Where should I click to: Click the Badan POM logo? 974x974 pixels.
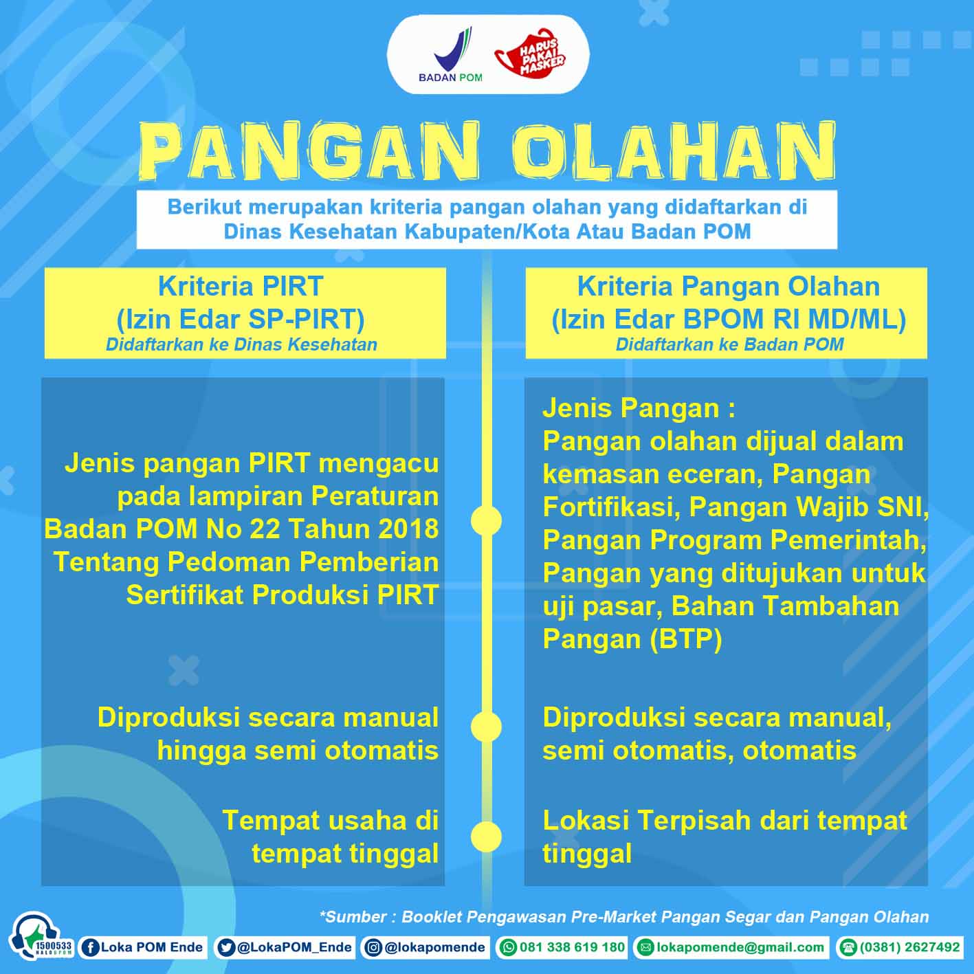(450, 54)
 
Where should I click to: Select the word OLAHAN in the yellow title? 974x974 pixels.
(674, 152)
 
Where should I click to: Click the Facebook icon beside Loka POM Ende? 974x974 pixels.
(91, 947)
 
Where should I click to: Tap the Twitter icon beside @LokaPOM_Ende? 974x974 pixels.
(226, 947)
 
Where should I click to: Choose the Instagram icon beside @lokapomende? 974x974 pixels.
(373, 947)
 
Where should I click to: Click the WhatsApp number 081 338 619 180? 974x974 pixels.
(572, 947)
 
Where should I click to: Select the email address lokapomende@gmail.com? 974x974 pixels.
(740, 947)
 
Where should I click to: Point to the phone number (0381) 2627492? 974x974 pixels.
(909, 947)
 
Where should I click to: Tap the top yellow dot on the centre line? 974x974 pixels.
(486, 520)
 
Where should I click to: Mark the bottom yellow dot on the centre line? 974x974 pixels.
(486, 837)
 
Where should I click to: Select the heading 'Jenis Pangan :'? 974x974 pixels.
(639, 408)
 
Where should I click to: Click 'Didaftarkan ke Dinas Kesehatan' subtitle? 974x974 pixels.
(241, 344)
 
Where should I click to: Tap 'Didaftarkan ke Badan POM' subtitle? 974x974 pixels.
(729, 344)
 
